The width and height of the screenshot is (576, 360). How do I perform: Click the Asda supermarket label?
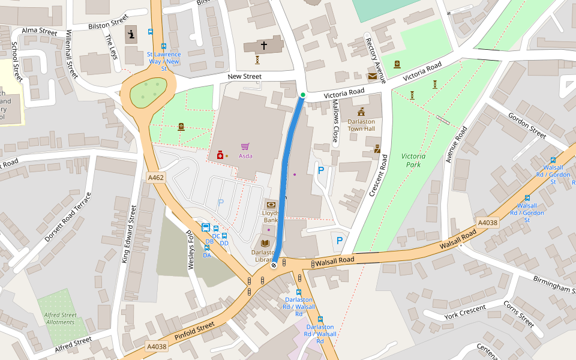tap(245, 156)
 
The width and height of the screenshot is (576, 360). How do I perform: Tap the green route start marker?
tap(303, 95)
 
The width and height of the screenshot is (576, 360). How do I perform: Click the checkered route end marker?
tap(274, 265)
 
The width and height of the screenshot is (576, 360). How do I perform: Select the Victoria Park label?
tap(413, 160)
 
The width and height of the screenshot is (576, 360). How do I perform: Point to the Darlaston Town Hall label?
tap(361, 125)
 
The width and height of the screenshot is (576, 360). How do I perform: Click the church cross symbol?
tap(263, 45)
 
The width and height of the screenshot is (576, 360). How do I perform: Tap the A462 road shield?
tap(155, 178)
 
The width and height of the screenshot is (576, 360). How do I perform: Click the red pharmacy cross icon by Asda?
tap(220, 156)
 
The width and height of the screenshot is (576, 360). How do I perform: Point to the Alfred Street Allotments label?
tap(60, 318)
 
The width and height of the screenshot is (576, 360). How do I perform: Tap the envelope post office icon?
tap(373, 76)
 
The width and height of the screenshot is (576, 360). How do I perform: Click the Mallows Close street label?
tap(335, 124)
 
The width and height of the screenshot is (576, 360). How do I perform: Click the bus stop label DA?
tap(207, 255)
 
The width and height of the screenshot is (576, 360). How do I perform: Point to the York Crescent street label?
tap(464, 312)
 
